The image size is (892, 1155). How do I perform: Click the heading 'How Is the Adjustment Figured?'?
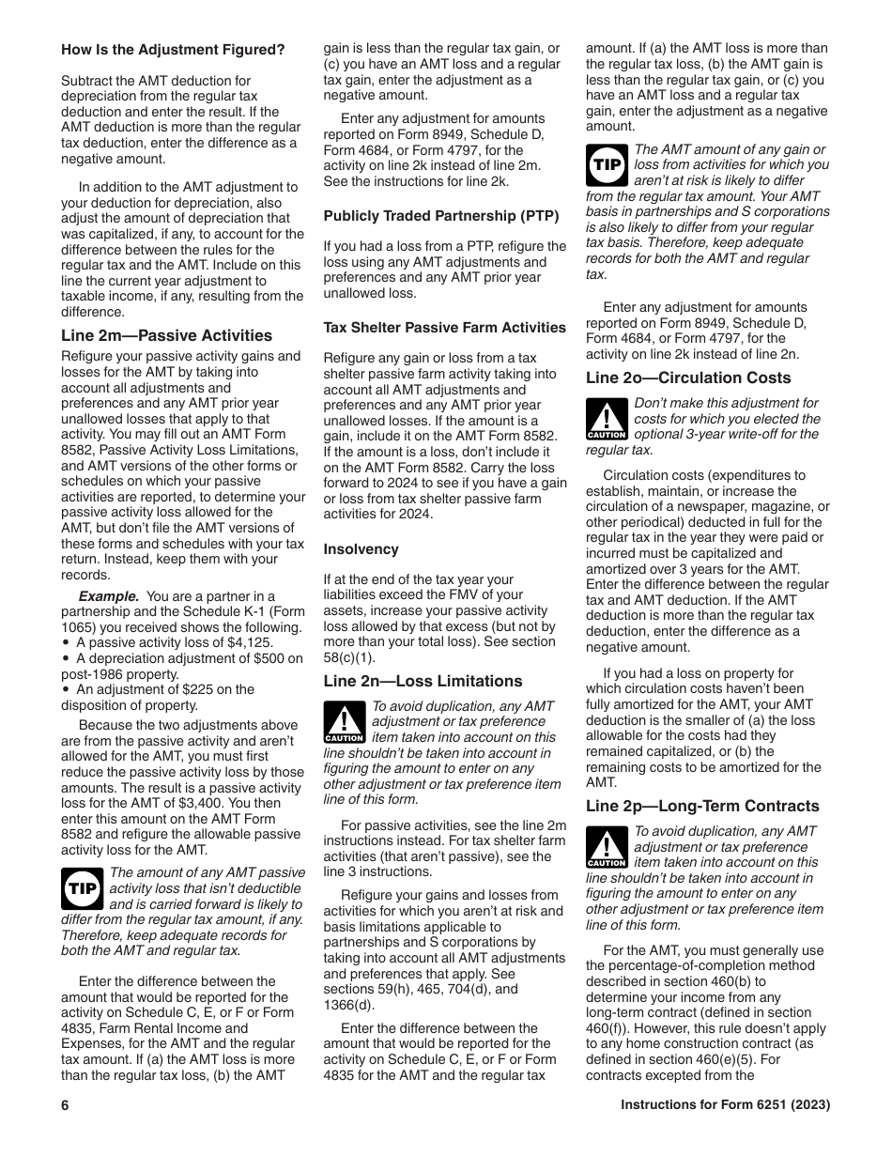point(173,49)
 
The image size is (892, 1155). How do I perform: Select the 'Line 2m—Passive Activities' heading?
point(166,335)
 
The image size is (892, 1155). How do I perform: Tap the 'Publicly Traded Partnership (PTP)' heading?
point(440,216)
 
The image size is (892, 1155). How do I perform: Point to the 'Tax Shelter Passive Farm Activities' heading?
point(444,328)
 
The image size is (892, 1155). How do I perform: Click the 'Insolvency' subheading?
point(361,549)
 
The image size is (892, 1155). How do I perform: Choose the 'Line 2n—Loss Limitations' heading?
point(423,681)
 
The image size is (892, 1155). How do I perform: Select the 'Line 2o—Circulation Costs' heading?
point(688,377)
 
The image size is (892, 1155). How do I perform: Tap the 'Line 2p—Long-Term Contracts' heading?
point(702,806)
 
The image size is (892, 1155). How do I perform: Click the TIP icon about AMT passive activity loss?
point(82,888)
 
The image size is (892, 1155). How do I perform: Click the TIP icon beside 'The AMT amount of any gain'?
point(607,165)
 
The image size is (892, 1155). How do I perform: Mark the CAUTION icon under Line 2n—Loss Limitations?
point(344,722)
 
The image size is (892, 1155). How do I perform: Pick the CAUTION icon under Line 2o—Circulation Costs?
point(606,419)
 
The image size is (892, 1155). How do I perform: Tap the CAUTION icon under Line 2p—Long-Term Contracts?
point(606,847)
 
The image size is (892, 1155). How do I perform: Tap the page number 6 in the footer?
point(66,1105)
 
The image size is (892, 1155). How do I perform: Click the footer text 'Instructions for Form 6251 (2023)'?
point(725,1105)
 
